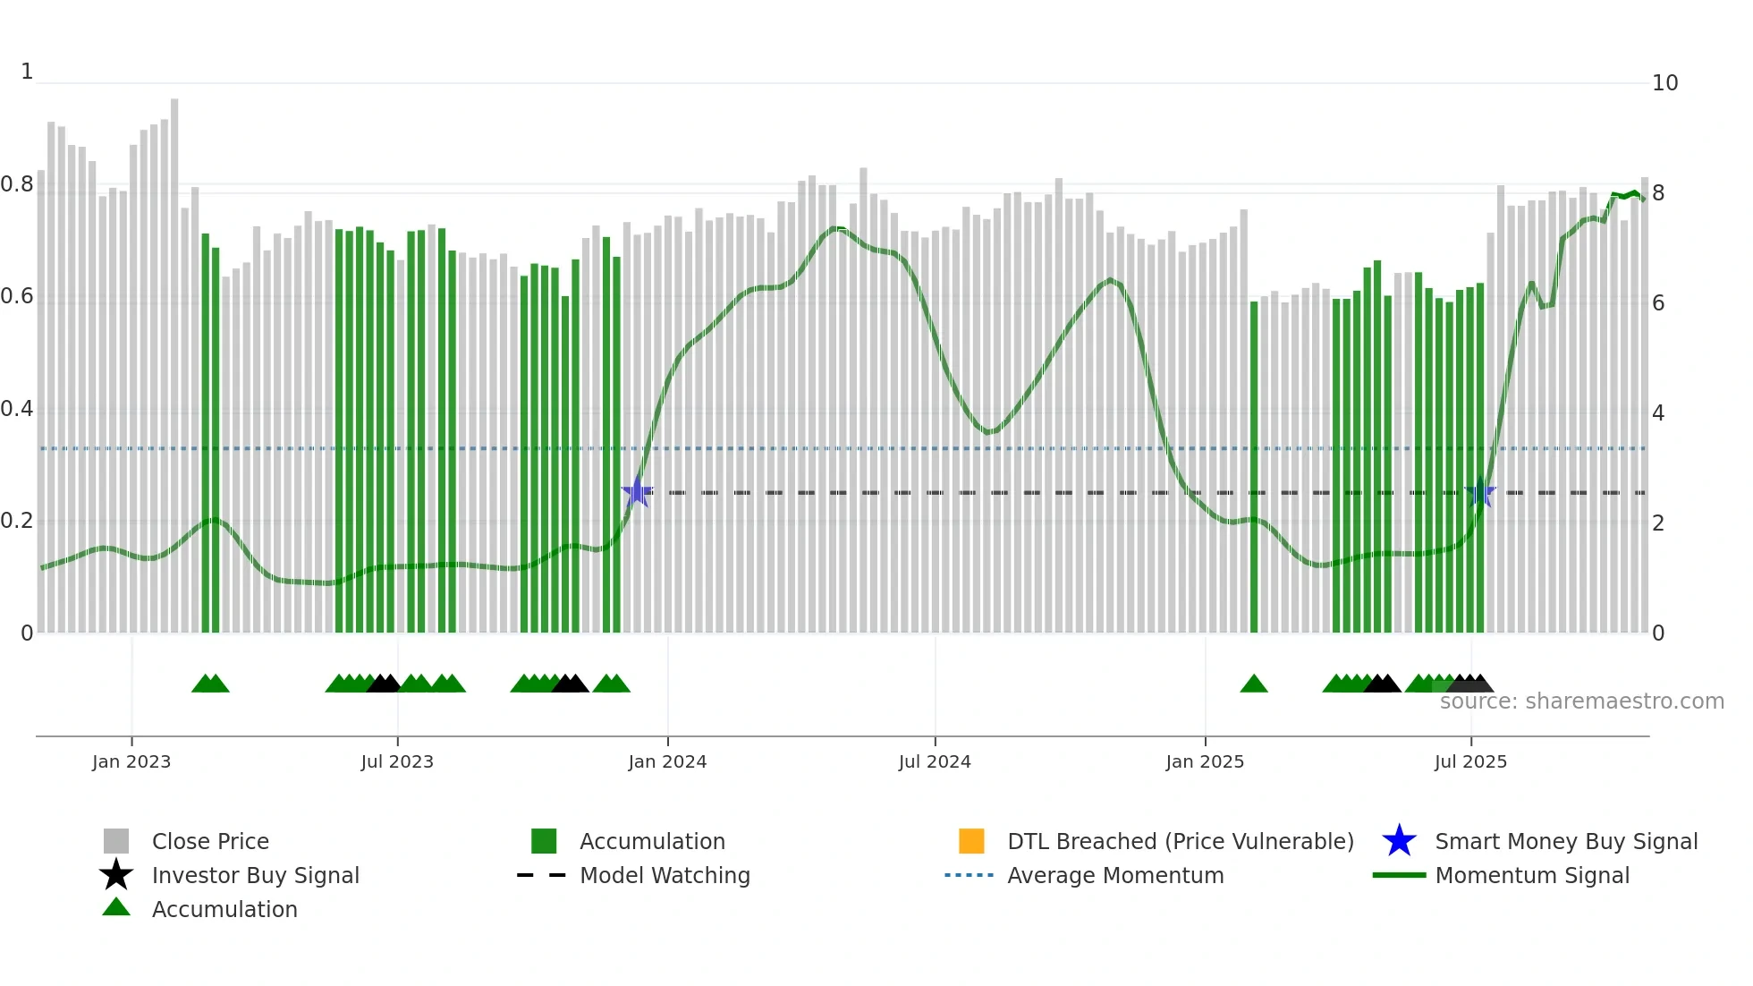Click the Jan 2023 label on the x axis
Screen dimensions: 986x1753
click(131, 762)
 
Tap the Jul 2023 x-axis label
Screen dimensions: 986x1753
click(397, 762)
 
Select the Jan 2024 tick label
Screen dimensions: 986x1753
click(667, 762)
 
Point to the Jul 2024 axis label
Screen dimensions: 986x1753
click(935, 762)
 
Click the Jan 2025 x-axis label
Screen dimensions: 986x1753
click(1205, 762)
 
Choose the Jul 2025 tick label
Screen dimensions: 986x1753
click(1470, 762)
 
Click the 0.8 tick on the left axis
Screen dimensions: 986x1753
click(17, 185)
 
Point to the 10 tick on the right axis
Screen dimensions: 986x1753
click(1664, 83)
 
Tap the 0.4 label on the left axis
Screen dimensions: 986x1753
click(17, 410)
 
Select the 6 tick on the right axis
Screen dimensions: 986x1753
click(1658, 303)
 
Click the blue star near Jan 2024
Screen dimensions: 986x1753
click(637, 492)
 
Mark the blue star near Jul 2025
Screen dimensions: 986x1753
click(1480, 492)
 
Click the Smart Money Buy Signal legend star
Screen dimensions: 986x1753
click(1399, 841)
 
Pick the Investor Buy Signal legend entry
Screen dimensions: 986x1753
click(255, 876)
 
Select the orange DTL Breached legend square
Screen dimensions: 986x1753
click(971, 841)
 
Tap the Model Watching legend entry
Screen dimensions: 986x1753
click(665, 876)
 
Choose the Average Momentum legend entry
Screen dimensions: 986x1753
click(1115, 876)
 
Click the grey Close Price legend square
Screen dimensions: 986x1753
click(116, 841)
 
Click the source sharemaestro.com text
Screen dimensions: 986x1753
click(1581, 701)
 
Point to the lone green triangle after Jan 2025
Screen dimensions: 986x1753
click(1254, 684)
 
